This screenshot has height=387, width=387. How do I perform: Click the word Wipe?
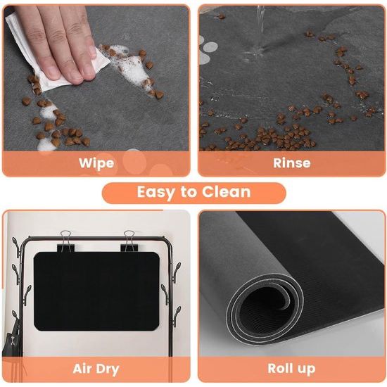(x=96, y=163)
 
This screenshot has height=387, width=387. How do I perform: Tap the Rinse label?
(x=291, y=163)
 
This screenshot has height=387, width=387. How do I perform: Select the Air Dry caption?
(x=96, y=369)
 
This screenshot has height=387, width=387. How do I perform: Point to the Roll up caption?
(x=291, y=369)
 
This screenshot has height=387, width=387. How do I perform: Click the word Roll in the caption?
(x=281, y=369)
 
